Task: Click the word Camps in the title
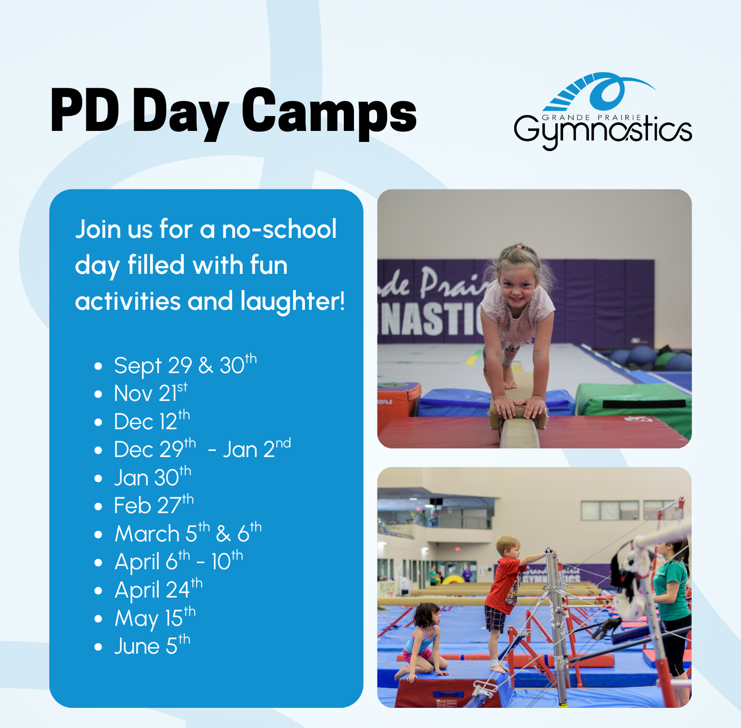[329, 113]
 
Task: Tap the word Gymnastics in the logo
[603, 132]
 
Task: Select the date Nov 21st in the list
[151, 393]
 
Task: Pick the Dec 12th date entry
[152, 421]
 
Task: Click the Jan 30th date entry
[153, 477]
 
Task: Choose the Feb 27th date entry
[153, 505]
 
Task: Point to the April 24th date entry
[158, 589]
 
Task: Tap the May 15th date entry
[155, 618]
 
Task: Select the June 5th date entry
[152, 646]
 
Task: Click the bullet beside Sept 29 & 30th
[98, 366]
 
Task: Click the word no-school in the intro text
[279, 229]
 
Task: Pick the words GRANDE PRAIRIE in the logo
[591, 117]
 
